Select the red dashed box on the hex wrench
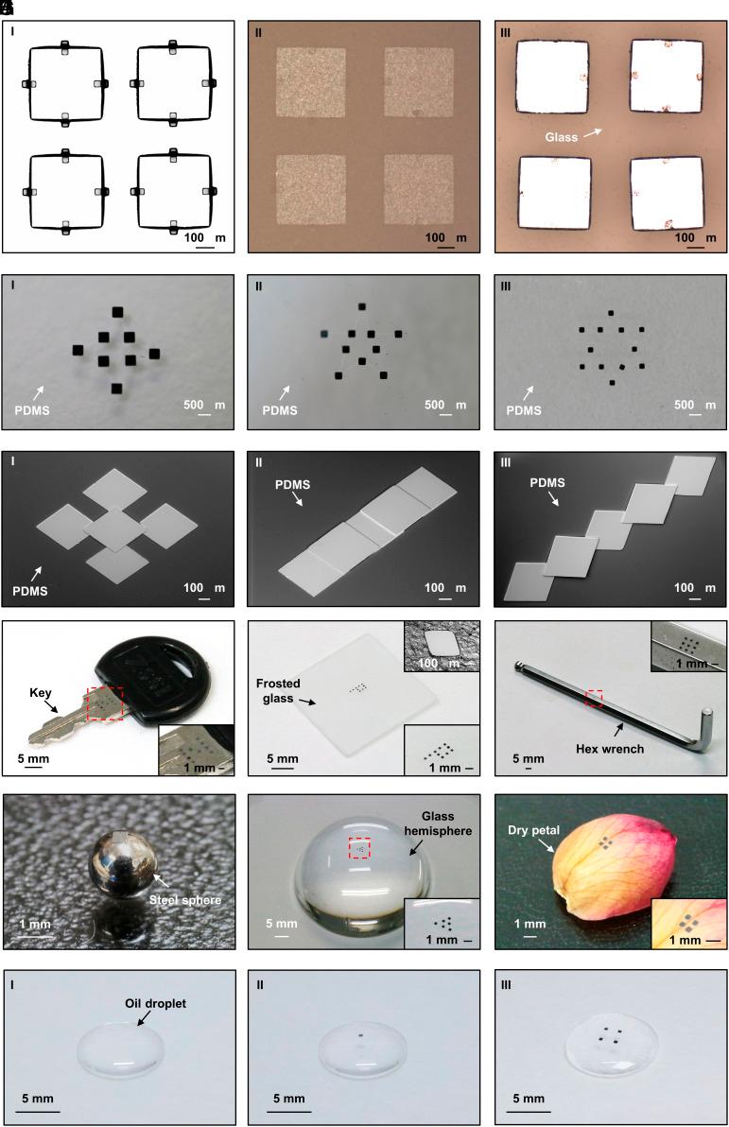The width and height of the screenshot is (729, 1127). (593, 699)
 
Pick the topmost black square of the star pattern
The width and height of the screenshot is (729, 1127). (362, 306)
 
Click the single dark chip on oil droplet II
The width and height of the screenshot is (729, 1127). (359, 1037)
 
